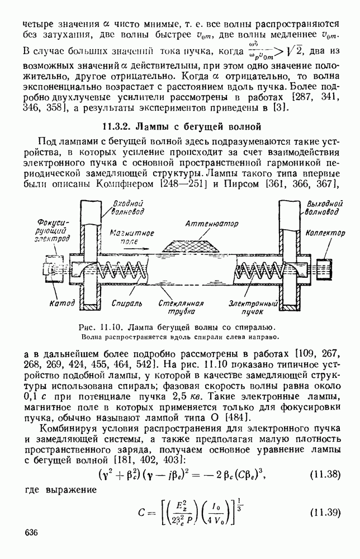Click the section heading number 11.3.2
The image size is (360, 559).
point(120,125)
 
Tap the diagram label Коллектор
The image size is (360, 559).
point(326,234)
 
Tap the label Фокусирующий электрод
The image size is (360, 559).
point(54,230)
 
